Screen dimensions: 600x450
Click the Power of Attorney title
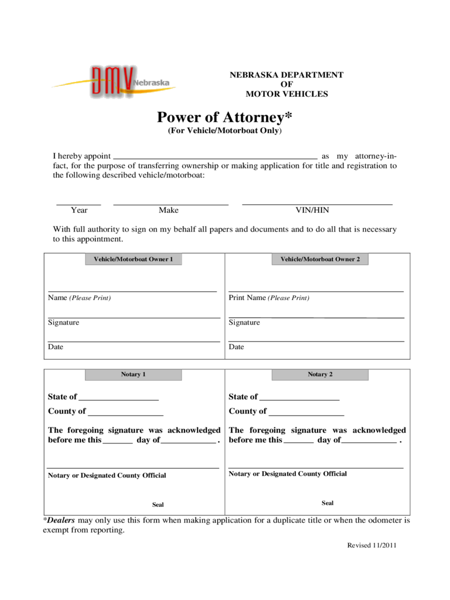(224, 118)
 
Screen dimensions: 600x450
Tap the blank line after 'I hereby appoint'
(214, 156)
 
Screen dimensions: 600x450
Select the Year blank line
(79, 203)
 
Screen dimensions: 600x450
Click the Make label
(168, 210)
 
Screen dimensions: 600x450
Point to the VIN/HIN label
(312, 210)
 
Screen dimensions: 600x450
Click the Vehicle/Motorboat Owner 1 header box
(134, 259)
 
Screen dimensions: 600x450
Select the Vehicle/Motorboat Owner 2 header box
(320, 259)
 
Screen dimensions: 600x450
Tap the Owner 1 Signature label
(63, 322)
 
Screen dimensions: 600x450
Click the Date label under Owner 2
(236, 347)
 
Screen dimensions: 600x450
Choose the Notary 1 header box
(134, 374)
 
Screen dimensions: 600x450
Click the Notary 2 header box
(320, 374)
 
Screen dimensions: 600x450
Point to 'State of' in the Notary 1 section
(62, 397)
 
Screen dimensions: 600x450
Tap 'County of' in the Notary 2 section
(247, 411)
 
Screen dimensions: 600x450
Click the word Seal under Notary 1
(158, 504)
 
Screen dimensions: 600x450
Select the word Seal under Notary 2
(328, 503)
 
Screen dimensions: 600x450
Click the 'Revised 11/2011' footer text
(372, 545)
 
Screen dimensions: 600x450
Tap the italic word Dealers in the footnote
(61, 520)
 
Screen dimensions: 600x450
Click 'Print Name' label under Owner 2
(247, 298)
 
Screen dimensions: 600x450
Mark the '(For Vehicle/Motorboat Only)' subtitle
(225, 131)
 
